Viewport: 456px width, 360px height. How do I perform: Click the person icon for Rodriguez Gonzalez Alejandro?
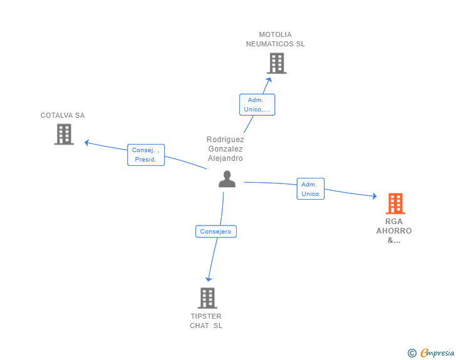(227, 179)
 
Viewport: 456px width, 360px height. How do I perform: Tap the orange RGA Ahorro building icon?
(395, 203)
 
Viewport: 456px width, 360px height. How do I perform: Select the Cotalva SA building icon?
(64, 134)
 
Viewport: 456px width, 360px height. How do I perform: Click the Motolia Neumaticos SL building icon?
(276, 63)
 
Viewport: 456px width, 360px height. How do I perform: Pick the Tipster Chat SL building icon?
(207, 298)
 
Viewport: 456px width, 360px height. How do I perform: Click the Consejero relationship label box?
(216, 232)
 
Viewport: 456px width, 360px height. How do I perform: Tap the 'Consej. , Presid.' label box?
(147, 155)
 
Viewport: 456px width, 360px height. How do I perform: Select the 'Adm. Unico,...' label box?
(257, 105)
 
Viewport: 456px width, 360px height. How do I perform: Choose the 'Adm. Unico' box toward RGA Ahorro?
(310, 189)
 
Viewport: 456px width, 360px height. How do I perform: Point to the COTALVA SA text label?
(63, 115)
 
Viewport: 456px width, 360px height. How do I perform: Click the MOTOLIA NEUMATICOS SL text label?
(276, 39)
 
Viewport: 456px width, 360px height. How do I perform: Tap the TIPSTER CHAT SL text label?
(206, 321)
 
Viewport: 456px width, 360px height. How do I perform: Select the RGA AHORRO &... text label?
(394, 230)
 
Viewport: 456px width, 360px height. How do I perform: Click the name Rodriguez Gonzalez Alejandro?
(225, 149)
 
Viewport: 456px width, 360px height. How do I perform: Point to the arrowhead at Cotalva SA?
(87, 142)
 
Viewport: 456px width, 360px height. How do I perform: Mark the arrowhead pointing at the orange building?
(374, 196)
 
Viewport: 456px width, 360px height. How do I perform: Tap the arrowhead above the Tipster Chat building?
(209, 279)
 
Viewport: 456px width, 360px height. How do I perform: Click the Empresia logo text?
(437, 353)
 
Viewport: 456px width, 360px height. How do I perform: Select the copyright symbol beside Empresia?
(412, 353)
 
